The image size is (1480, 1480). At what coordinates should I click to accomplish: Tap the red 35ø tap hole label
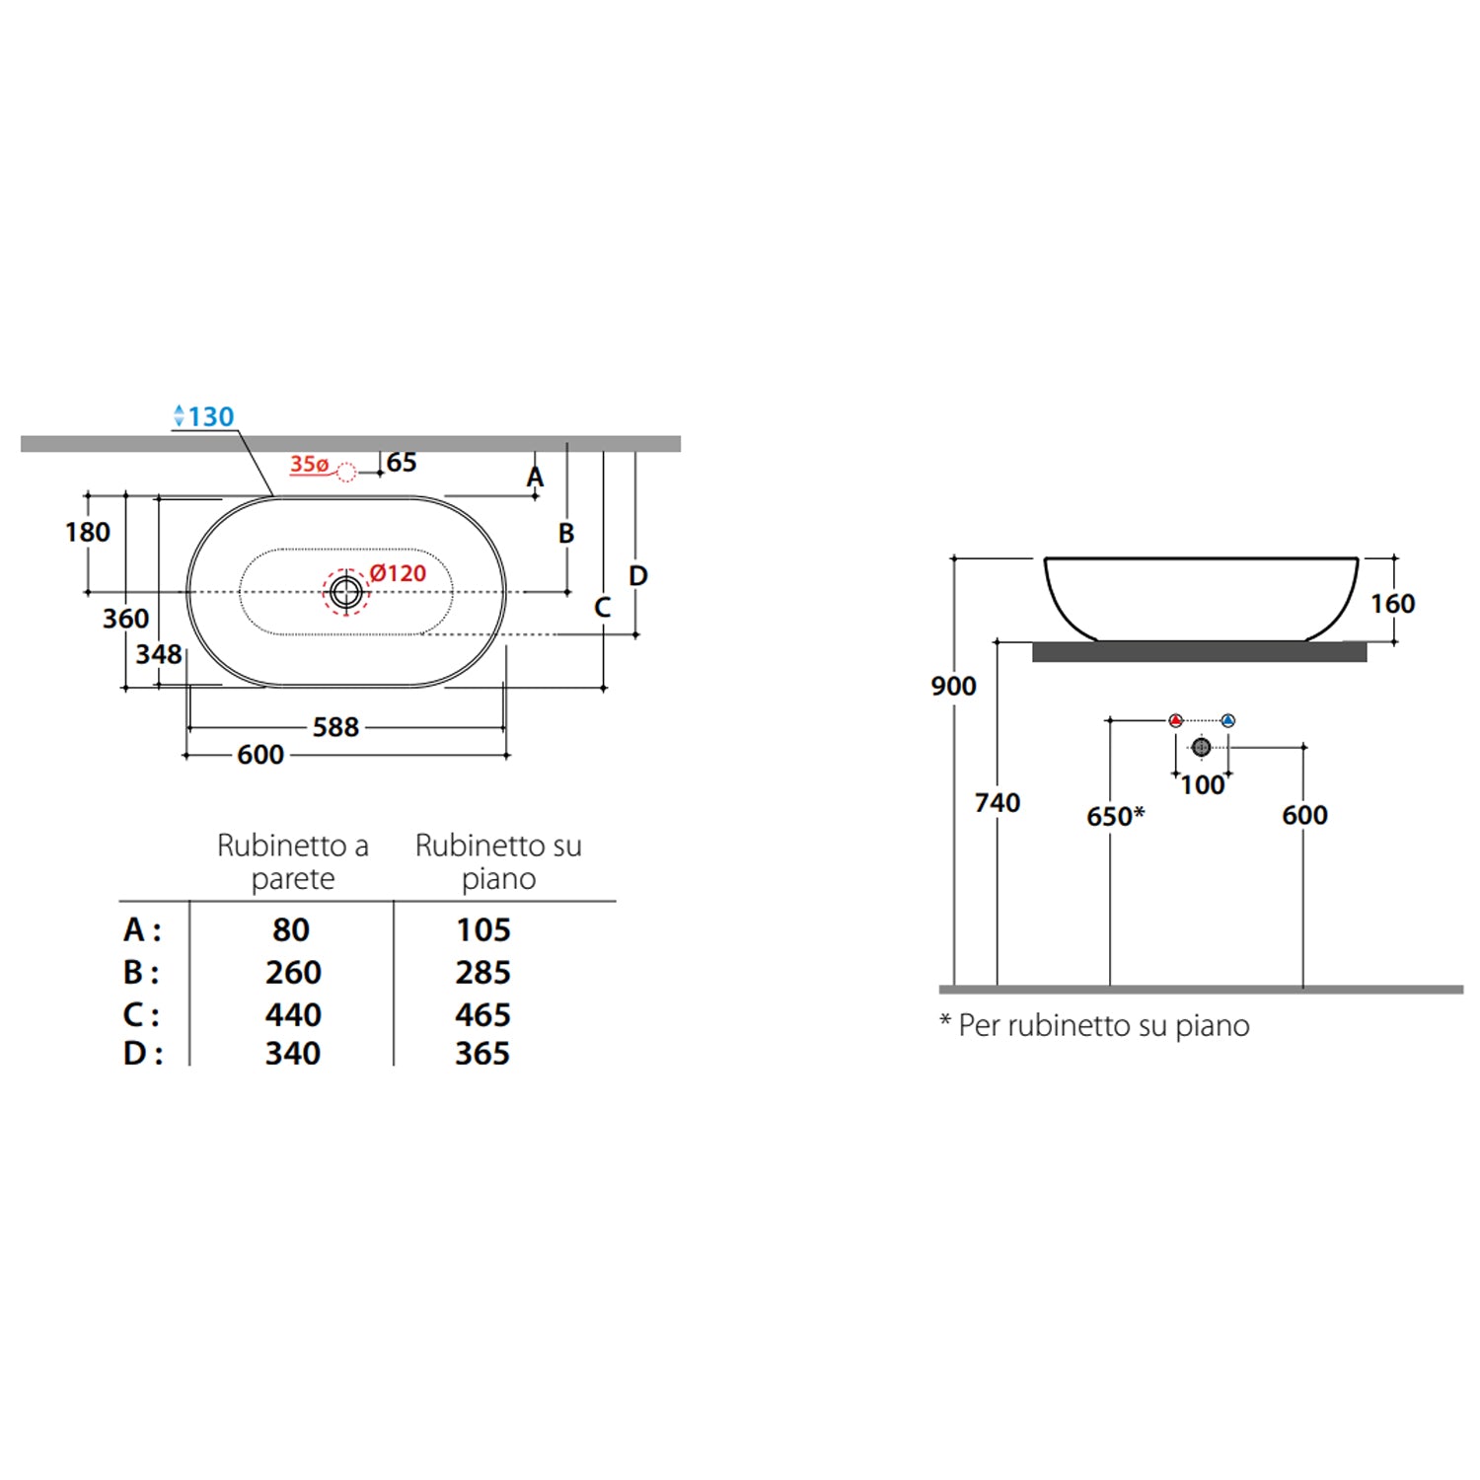[309, 464]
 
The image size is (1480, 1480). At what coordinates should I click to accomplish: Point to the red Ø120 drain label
[398, 573]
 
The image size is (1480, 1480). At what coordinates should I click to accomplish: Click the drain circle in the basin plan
[345, 592]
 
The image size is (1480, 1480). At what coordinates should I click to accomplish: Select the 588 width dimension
[335, 727]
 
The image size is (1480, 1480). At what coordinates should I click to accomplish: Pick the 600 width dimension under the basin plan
[260, 755]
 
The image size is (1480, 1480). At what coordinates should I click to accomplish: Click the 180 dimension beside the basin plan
[88, 533]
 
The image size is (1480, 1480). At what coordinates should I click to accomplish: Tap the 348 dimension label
[159, 654]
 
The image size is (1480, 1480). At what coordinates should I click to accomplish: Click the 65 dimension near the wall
[402, 463]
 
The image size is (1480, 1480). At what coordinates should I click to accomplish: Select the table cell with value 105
[483, 929]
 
